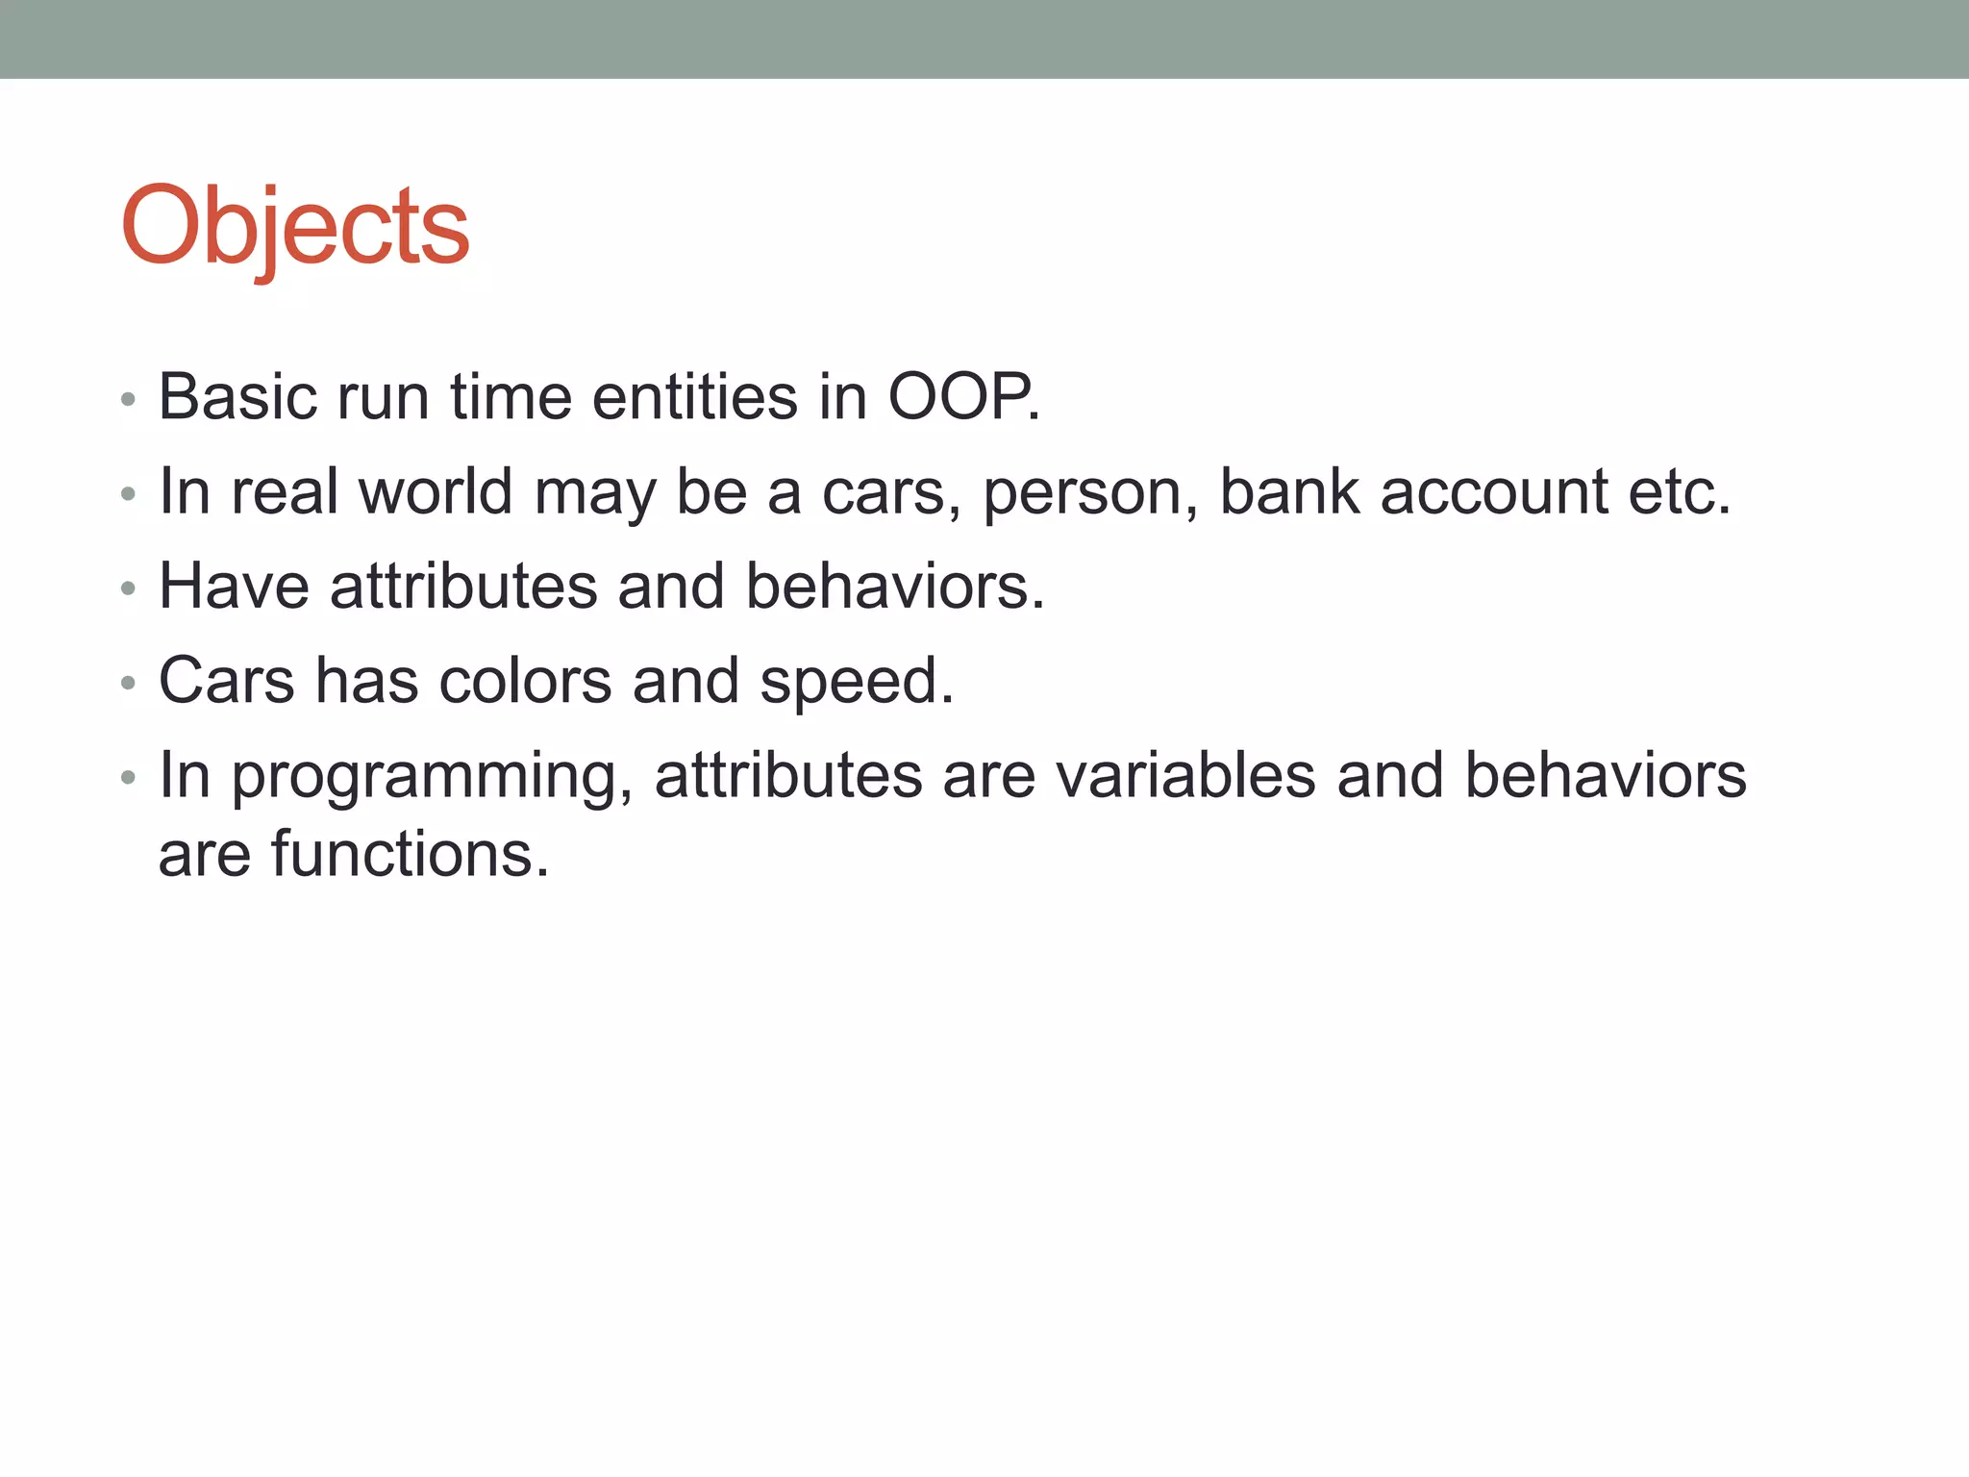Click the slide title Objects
(x=295, y=228)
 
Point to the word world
(x=435, y=491)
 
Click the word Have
(x=234, y=586)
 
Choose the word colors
(x=525, y=681)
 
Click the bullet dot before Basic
(x=129, y=399)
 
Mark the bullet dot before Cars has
(x=129, y=683)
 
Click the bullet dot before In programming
(x=129, y=777)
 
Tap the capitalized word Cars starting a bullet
(x=226, y=681)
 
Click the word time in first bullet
(x=511, y=397)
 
